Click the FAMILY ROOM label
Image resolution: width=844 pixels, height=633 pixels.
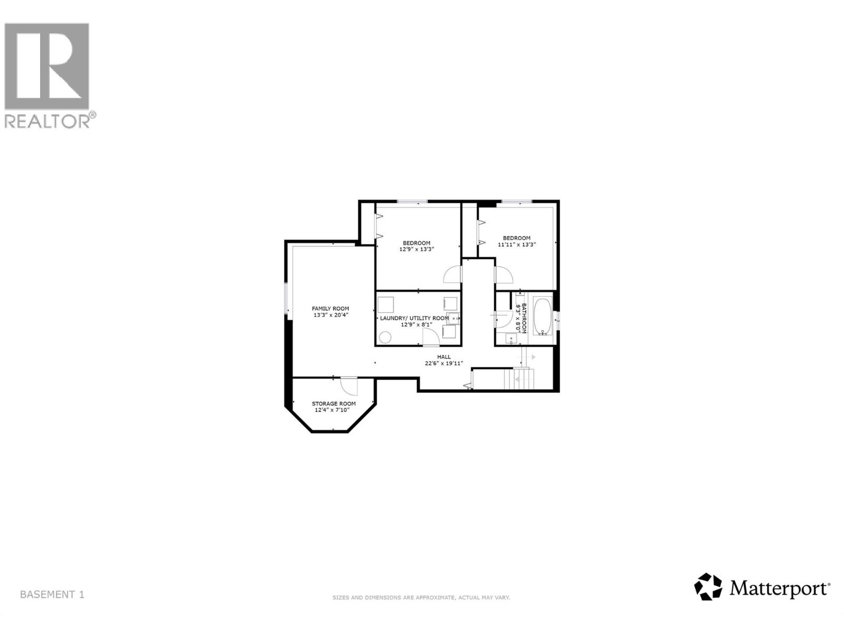coord(330,309)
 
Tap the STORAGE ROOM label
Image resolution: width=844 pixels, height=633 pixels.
coord(333,404)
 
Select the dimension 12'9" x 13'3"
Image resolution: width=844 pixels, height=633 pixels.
coord(416,250)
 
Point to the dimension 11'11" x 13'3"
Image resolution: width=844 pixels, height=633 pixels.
coord(516,244)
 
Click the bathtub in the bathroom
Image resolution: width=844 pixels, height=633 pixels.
coord(542,316)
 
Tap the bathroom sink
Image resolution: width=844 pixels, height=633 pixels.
coord(511,339)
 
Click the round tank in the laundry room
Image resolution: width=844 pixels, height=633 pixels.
coord(386,337)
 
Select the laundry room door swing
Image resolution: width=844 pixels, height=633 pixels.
coord(430,338)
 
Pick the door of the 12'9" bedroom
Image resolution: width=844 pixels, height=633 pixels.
coord(453,275)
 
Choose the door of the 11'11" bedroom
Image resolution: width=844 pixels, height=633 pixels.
coord(503,275)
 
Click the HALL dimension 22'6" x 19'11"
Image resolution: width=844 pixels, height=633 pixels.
coord(444,363)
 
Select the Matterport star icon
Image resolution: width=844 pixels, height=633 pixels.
coord(707,587)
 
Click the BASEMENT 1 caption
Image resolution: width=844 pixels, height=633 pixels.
coord(52,594)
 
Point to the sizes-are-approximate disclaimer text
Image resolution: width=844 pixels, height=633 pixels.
coord(420,598)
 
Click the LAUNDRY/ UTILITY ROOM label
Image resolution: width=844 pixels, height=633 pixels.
coord(414,318)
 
